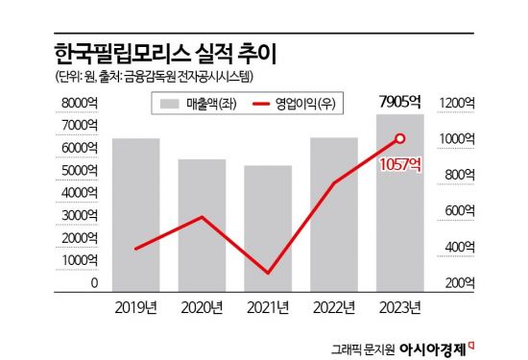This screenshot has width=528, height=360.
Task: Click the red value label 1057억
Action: tap(399, 163)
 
